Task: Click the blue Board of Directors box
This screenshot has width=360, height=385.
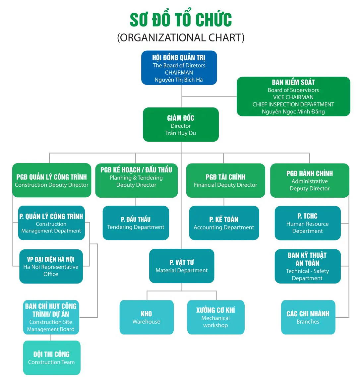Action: point(179,68)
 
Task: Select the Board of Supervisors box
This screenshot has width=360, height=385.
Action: point(293,96)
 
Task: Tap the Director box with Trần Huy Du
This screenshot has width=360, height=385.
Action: point(181,125)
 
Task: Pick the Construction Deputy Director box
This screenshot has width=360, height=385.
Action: point(52,180)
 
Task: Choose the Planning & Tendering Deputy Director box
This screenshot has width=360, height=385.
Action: point(136,180)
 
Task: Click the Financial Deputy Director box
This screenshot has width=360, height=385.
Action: point(225,180)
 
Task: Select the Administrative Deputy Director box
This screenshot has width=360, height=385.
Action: point(310,180)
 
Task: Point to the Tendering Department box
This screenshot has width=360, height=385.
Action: point(136,223)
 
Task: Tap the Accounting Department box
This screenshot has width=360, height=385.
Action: point(224,223)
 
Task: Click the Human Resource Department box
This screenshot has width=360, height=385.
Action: point(308,223)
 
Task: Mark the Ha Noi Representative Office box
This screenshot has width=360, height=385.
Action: point(51,266)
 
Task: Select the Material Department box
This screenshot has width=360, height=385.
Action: point(182,266)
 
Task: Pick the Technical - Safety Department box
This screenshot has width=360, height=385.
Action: point(308,266)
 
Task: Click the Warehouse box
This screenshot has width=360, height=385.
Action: point(147,317)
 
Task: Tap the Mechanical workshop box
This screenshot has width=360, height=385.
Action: point(215,317)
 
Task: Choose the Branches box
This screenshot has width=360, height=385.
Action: point(308,317)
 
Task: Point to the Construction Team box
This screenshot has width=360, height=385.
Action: point(51,358)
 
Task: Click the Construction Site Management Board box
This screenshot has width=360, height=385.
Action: point(51,317)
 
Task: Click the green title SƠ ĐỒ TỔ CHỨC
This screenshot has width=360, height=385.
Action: point(181,20)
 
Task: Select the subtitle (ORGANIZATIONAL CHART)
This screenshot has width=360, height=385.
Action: point(181,37)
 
